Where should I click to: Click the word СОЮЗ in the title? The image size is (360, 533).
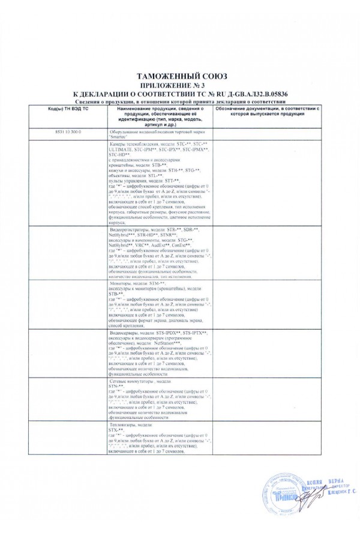tap(208, 77)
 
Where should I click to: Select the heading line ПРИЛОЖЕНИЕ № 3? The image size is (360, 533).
tap(180, 86)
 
